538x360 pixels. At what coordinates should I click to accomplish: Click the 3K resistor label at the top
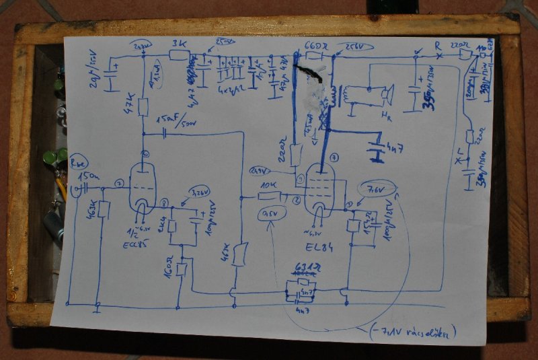coord(179,43)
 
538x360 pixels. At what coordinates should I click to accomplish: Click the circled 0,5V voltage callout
coord(271,215)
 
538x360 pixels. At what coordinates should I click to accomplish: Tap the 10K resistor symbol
coord(269,196)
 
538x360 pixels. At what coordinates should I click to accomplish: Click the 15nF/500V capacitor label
coord(176,120)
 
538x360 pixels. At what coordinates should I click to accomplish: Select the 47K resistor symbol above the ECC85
coord(143,106)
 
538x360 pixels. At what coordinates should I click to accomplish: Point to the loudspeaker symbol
coord(386,96)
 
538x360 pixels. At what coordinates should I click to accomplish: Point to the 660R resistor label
coord(315,46)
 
